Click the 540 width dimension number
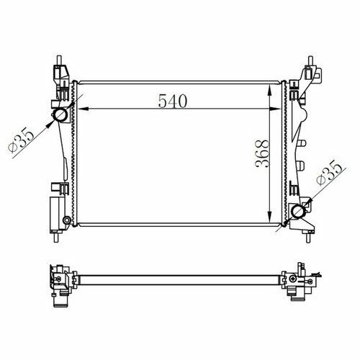tap(173, 101)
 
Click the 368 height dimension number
tap(262, 153)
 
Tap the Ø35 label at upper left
tap(22, 140)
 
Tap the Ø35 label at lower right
tap(329, 174)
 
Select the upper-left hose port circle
tap(60, 115)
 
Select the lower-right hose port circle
tap(298, 211)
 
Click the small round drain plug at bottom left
tap(66, 220)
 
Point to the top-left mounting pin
tap(59, 60)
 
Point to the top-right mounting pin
tap(310, 60)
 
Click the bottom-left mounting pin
tap(56, 238)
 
